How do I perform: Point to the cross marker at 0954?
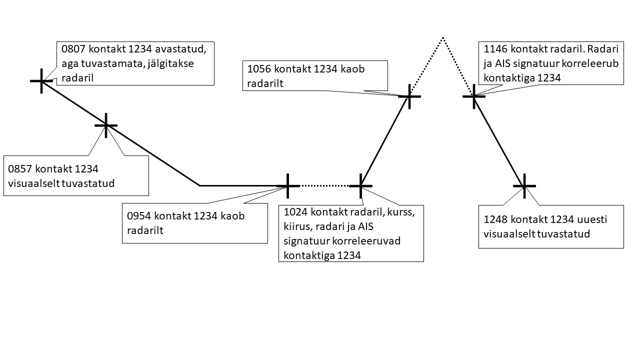[x=288, y=185]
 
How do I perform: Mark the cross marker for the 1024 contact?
[x=360, y=185]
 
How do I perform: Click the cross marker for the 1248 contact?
[x=524, y=185]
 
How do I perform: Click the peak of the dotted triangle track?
[x=442, y=37]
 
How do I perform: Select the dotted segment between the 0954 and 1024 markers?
[x=324, y=185]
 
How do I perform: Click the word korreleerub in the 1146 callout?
[x=593, y=64]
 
